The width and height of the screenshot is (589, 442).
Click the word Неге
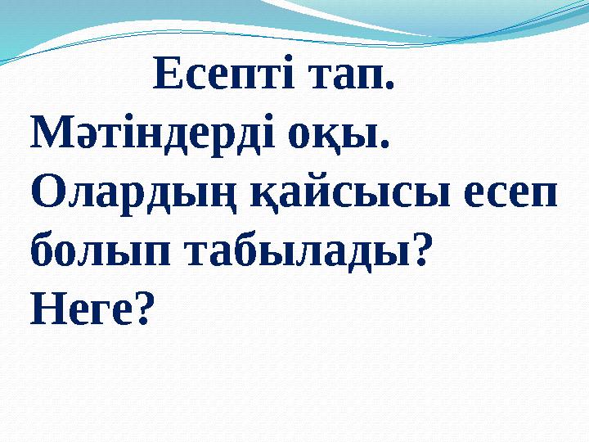click(80, 309)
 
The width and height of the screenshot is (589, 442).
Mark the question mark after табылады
click(420, 250)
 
